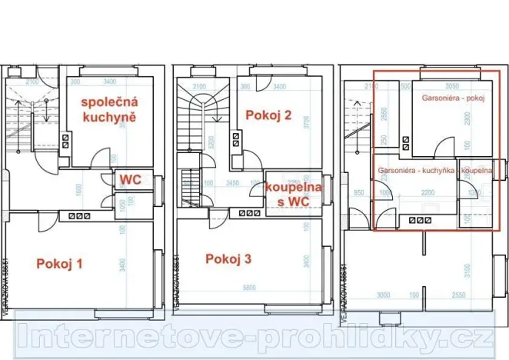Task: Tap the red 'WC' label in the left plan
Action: click(128, 180)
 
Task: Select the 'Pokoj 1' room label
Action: click(59, 264)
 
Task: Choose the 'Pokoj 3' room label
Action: click(228, 258)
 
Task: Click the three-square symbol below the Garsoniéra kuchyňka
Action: click(418, 220)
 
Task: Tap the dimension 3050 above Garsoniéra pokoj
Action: click(453, 87)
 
